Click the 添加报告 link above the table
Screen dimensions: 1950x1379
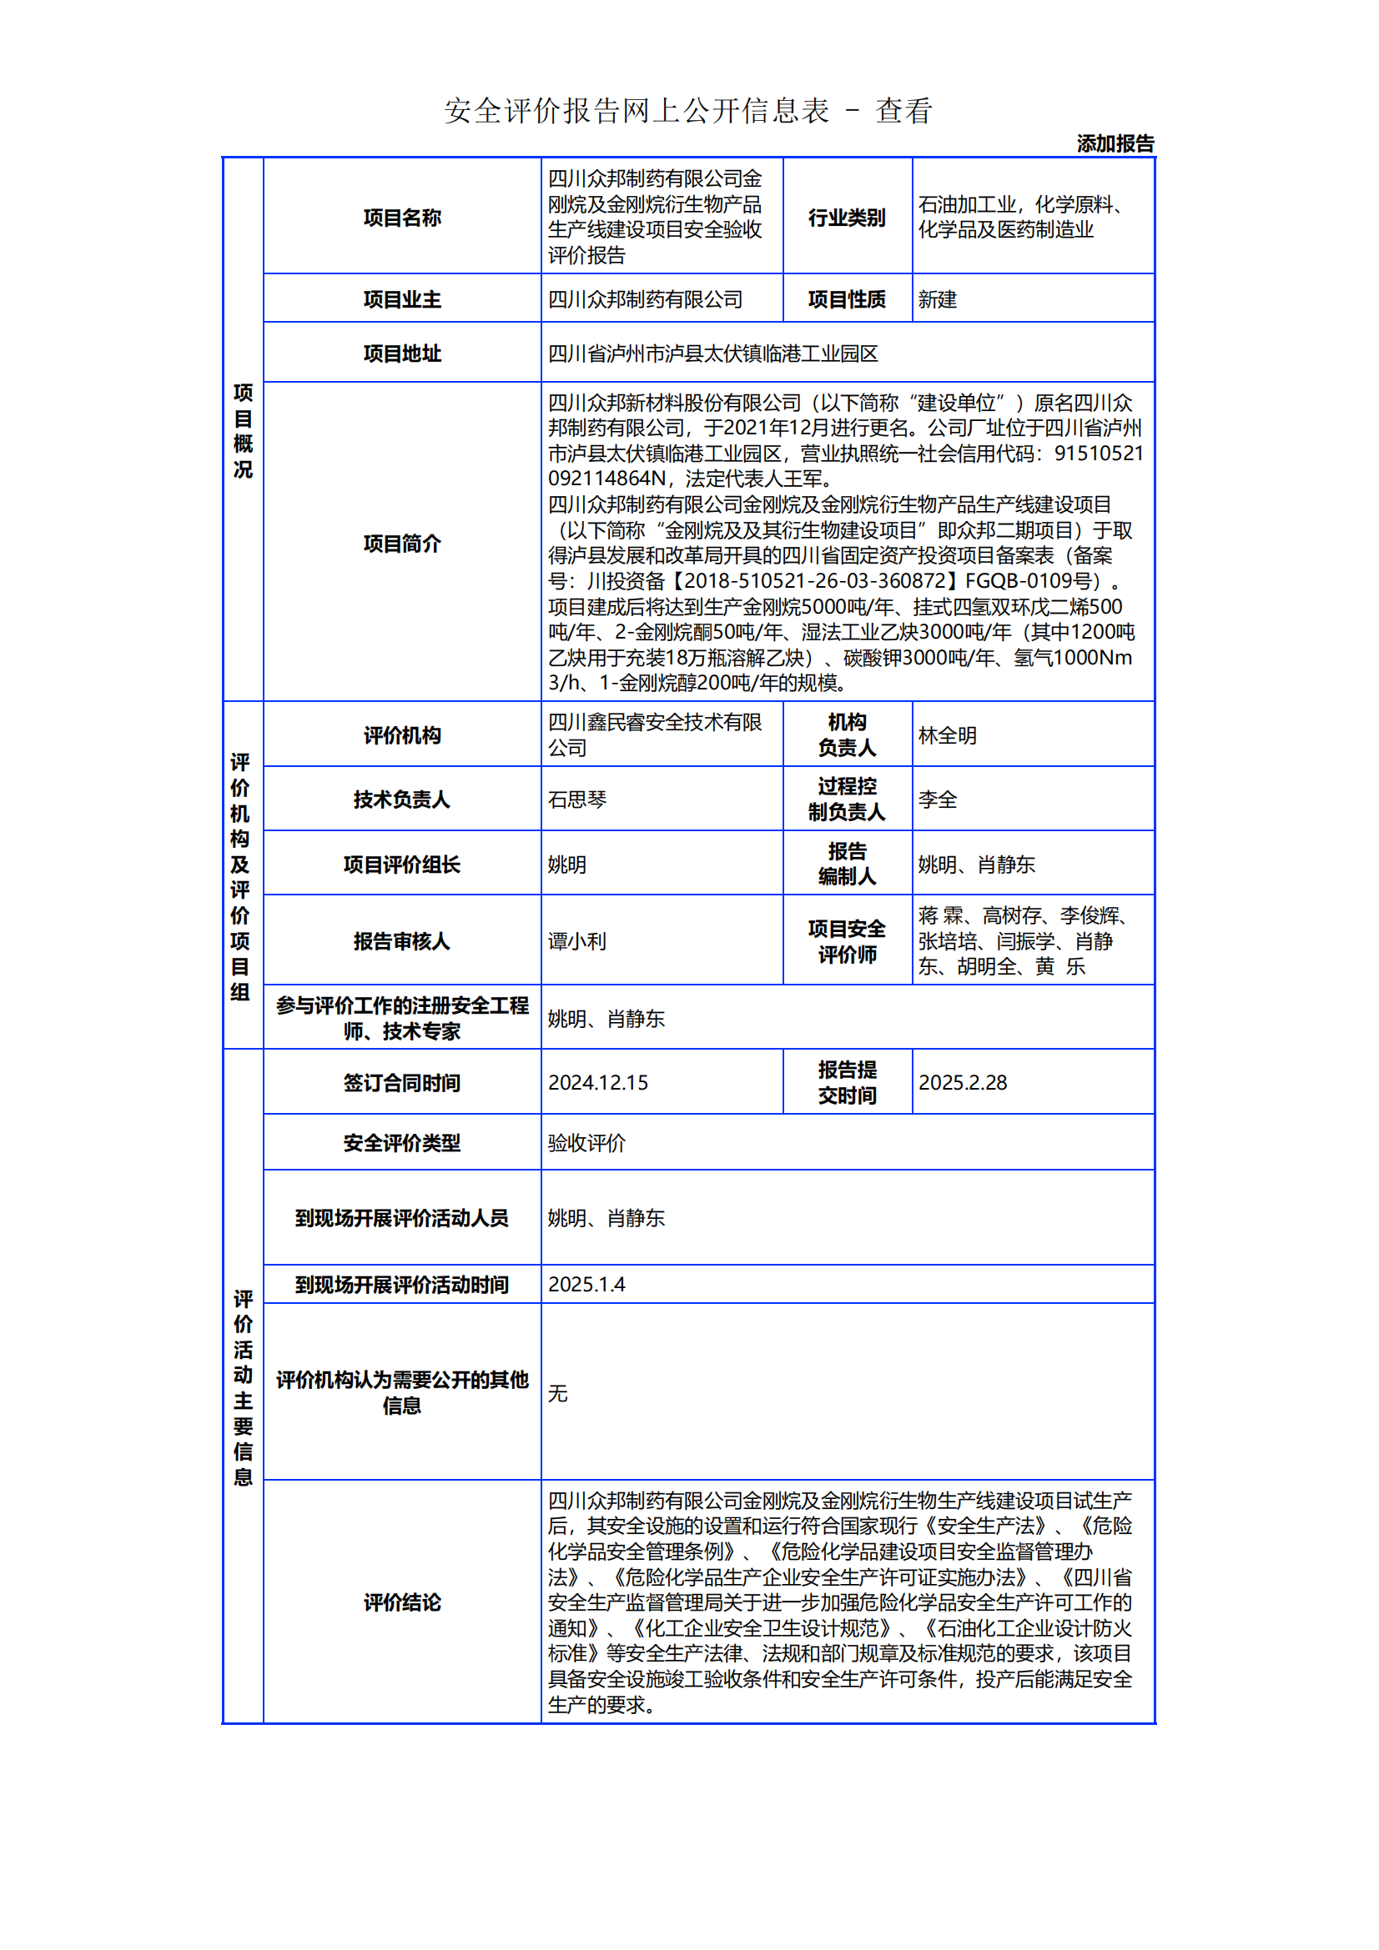point(1115,143)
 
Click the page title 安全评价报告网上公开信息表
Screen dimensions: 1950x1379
point(637,111)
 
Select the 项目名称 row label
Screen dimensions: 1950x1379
point(402,218)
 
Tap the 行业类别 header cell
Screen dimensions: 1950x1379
point(846,218)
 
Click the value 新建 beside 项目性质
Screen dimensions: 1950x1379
point(937,299)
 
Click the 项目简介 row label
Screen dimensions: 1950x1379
point(402,543)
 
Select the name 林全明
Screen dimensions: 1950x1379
point(948,734)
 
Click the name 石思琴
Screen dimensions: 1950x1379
point(577,800)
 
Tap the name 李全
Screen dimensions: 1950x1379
point(937,800)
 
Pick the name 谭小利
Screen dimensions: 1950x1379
point(577,940)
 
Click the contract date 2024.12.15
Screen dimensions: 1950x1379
point(597,1082)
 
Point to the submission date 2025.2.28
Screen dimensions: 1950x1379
point(963,1082)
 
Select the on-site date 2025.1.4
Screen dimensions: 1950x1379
point(586,1284)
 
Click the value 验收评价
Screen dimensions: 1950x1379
point(586,1142)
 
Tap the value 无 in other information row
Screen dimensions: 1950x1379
point(557,1392)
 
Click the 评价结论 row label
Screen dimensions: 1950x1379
point(402,1602)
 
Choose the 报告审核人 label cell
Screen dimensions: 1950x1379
point(402,940)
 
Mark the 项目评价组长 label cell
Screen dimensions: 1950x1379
point(402,864)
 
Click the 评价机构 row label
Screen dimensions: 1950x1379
point(402,734)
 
